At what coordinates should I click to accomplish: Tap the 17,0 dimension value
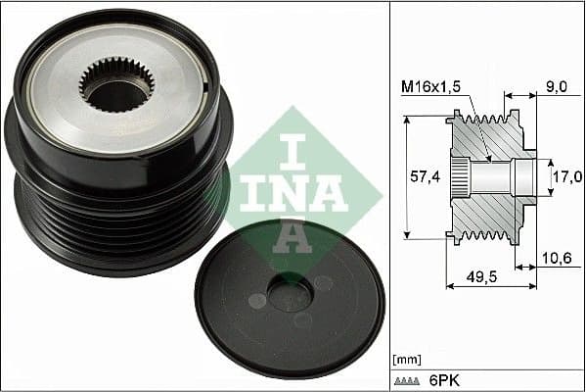point(566,177)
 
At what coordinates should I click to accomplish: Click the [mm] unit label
point(404,361)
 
